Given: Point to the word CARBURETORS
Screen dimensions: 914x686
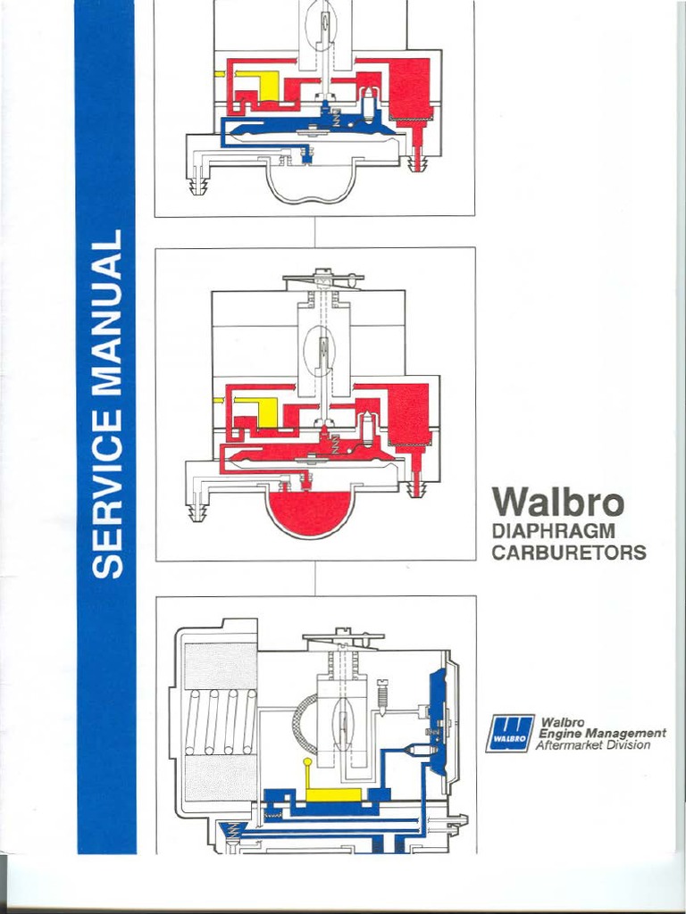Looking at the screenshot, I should [x=569, y=553].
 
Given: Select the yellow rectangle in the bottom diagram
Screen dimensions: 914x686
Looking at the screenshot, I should [x=333, y=794].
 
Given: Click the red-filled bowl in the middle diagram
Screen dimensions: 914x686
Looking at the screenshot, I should [x=310, y=512].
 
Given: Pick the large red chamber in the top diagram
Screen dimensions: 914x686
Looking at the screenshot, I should [x=410, y=87].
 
